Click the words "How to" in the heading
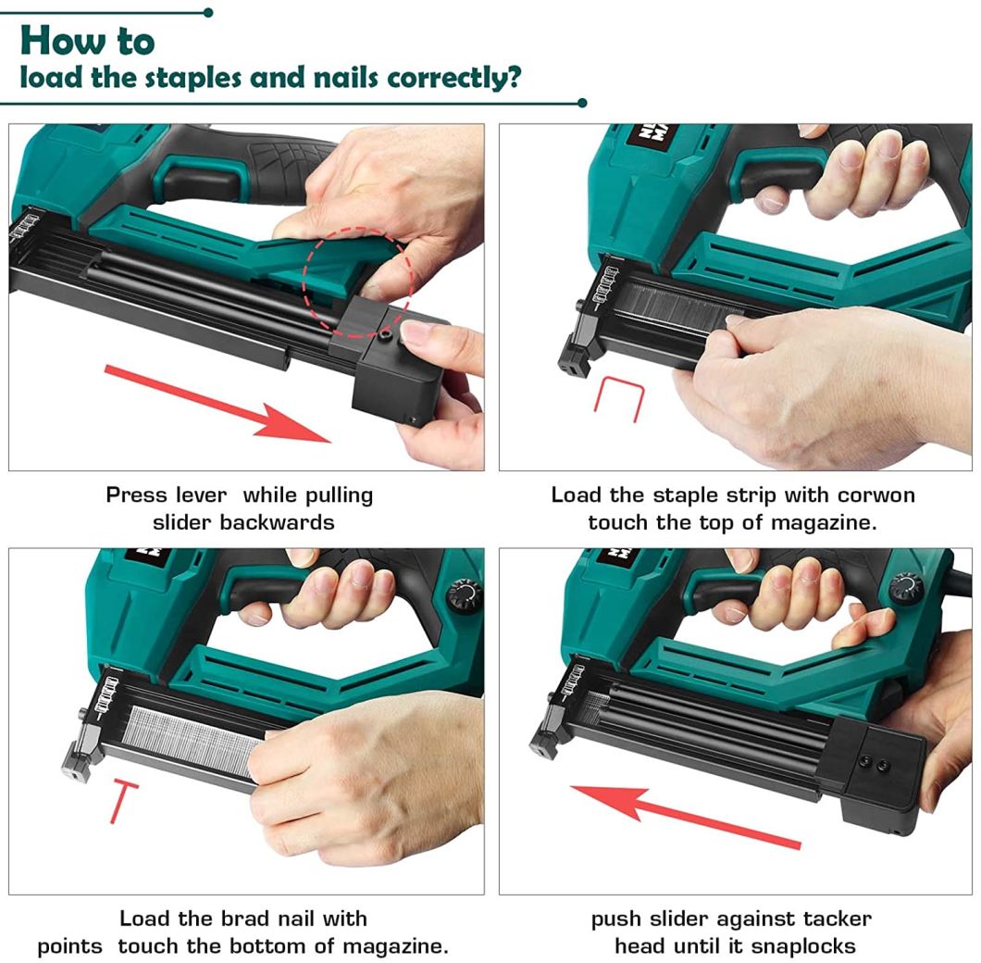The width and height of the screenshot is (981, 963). pos(87,41)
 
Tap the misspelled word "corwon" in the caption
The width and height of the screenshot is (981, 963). pos(875,494)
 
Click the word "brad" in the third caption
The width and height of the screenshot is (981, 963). pos(243,919)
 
